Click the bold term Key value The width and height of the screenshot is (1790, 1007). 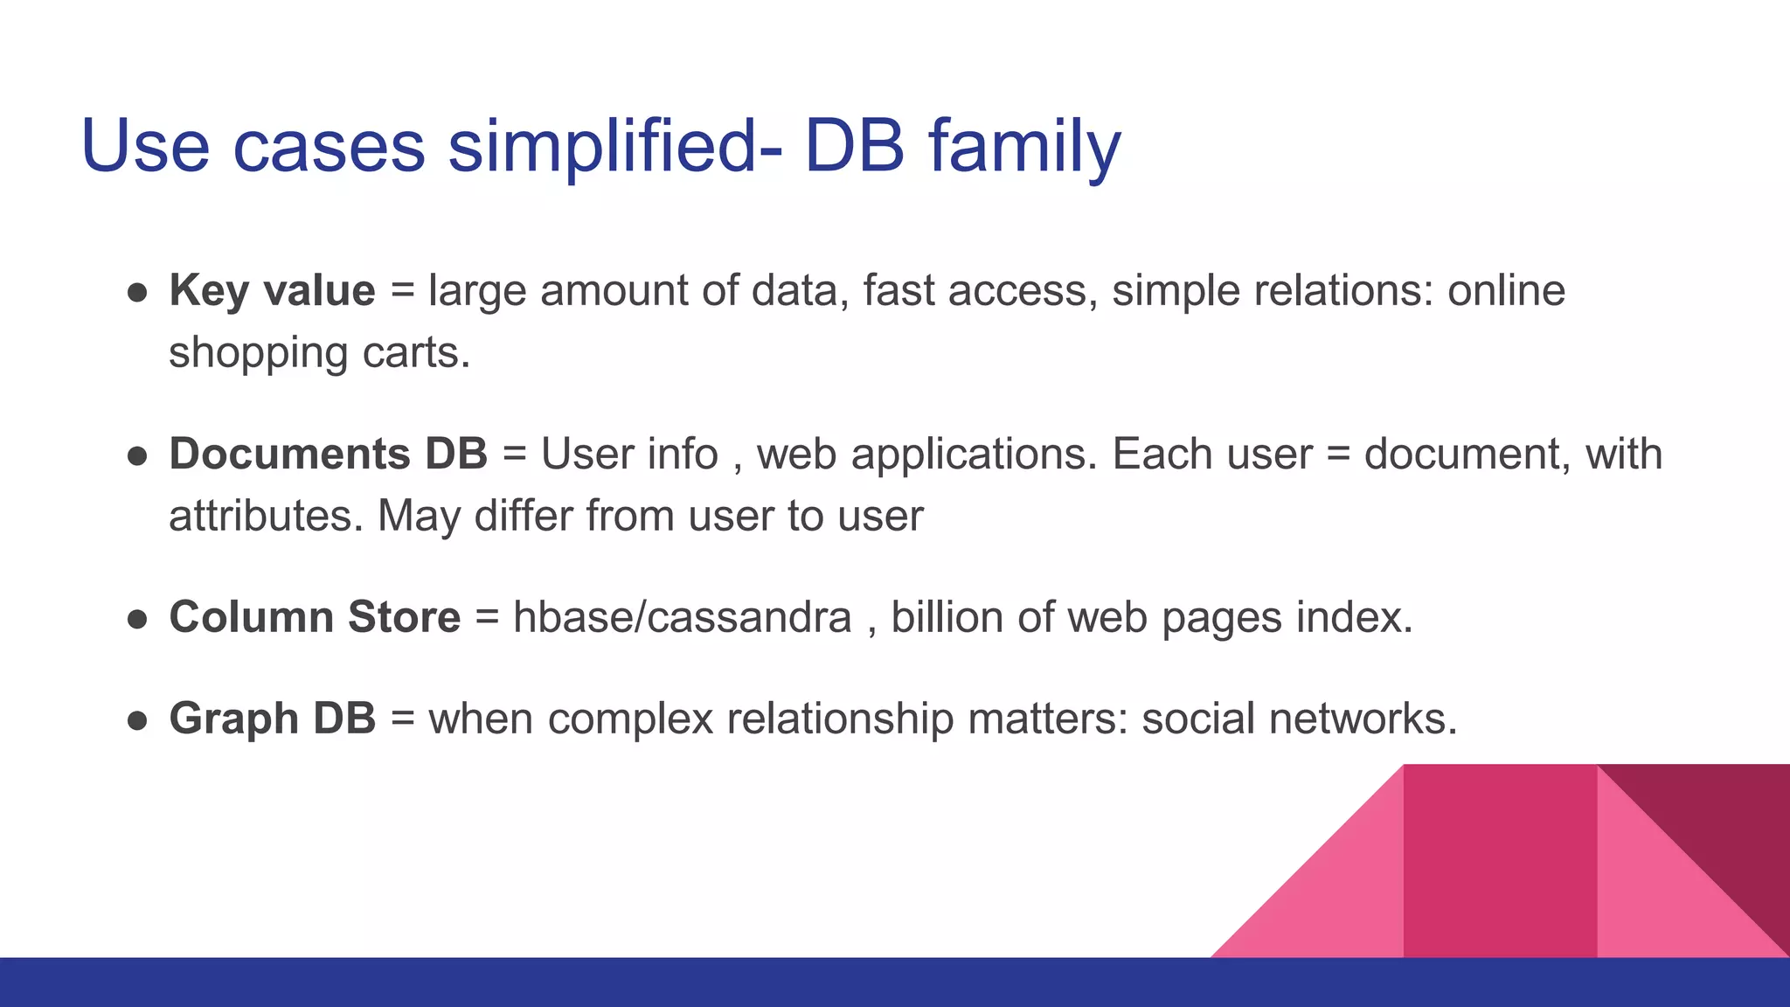(272, 290)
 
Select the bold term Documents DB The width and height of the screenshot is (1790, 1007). (328, 454)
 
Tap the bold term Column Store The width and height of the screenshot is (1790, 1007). (315, 617)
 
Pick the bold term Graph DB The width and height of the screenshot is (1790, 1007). (272, 719)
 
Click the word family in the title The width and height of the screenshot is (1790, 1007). (1024, 146)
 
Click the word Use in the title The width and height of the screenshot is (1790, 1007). (145, 146)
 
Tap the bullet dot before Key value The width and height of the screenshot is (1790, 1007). (137, 293)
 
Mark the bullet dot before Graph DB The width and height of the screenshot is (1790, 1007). (137, 721)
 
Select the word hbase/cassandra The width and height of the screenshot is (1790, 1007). (682, 617)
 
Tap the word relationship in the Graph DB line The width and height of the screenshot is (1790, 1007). (840, 719)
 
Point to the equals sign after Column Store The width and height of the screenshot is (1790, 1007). (487, 618)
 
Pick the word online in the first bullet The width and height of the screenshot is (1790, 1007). (1506, 290)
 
